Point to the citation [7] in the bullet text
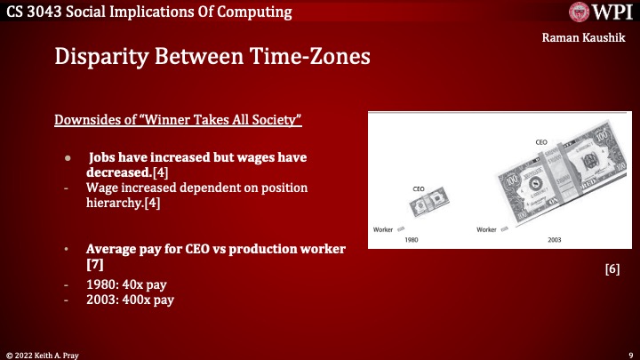(95, 265)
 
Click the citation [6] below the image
(612, 268)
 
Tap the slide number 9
(629, 354)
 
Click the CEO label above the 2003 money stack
(540, 141)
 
